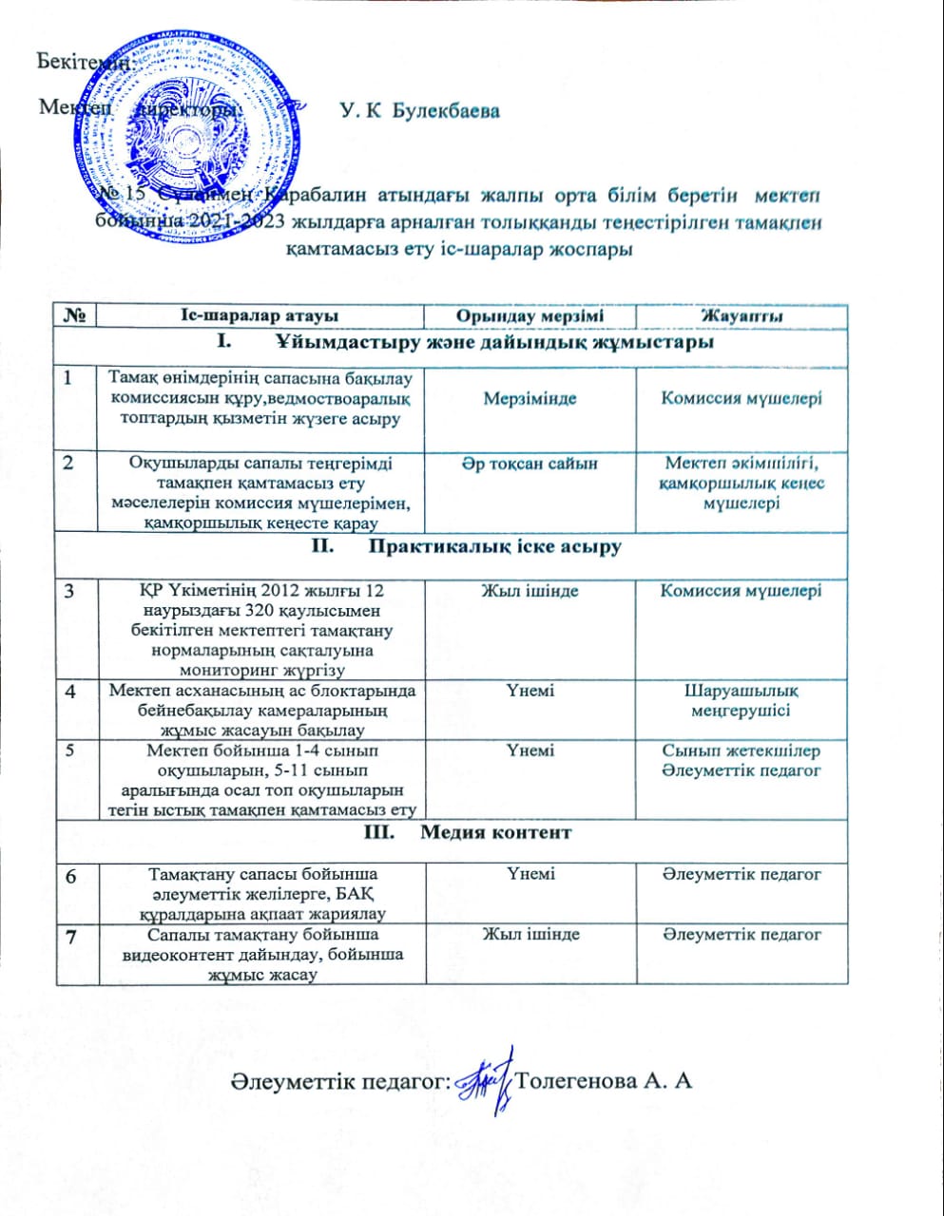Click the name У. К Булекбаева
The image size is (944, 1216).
click(419, 112)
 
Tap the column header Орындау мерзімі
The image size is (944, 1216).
click(529, 316)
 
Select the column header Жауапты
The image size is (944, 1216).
click(742, 316)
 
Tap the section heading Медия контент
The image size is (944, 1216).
click(495, 832)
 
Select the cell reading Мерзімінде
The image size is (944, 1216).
click(530, 398)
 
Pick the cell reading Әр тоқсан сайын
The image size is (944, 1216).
click(530, 464)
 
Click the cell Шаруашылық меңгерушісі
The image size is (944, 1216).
click(742, 700)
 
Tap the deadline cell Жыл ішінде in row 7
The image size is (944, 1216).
click(530, 935)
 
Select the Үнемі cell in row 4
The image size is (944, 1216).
click(530, 691)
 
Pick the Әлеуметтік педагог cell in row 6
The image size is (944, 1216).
click(742, 874)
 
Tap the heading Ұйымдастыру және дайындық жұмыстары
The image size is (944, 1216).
click(495, 341)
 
